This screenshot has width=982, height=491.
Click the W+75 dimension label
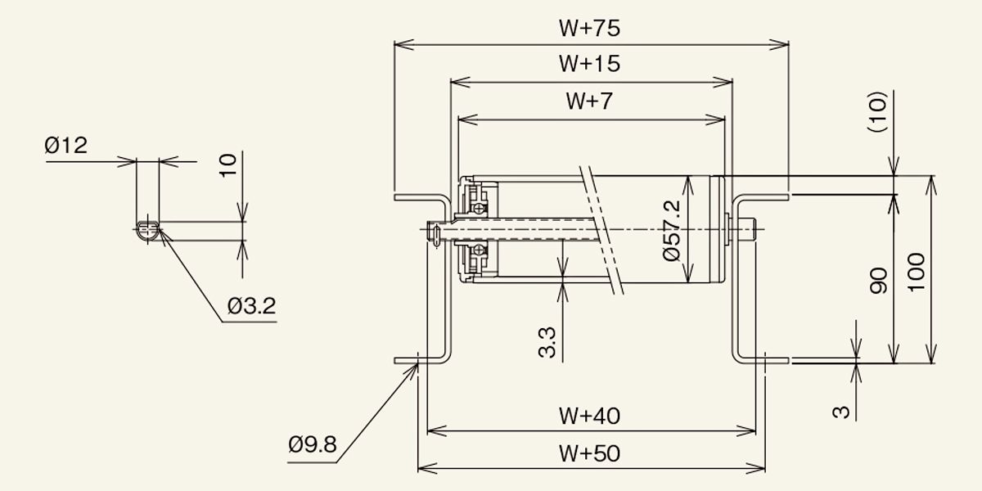tap(590, 28)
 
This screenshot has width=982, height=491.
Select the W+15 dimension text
tap(590, 64)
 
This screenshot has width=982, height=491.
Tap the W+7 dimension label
tap(589, 101)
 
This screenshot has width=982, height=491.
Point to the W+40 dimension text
tap(590, 416)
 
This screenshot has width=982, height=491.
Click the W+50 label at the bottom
tap(590, 453)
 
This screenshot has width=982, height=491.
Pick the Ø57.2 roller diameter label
tap(672, 231)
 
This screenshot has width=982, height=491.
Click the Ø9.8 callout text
tap(313, 444)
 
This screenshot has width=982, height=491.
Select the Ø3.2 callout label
tap(252, 305)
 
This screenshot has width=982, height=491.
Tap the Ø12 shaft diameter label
tap(65, 145)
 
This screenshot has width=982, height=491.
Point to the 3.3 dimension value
tap(547, 343)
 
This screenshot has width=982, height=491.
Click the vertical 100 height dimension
tap(917, 272)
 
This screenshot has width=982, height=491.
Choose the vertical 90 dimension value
tap(879, 281)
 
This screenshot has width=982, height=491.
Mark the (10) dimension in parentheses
tap(877, 111)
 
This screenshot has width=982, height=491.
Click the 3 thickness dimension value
tap(841, 412)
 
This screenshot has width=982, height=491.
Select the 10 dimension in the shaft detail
tap(228, 164)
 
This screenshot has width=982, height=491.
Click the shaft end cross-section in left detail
tap(148, 231)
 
